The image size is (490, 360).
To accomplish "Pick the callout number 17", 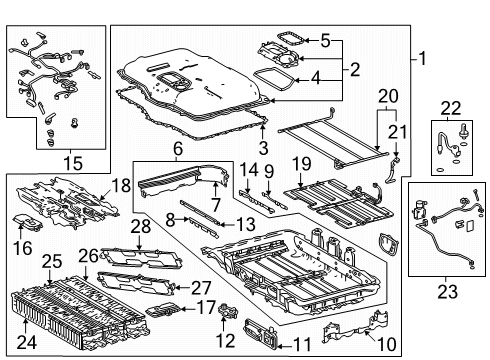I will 205,308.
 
